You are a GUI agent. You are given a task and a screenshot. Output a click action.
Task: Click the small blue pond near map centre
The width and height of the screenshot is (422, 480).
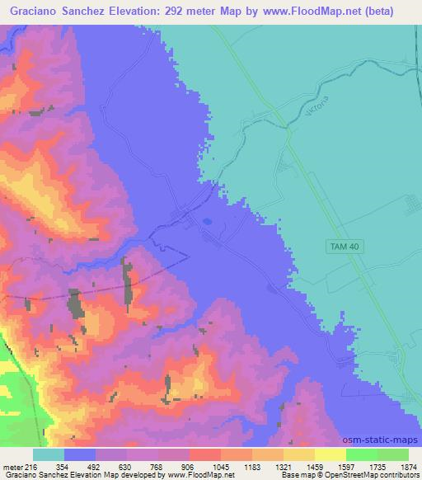click(205, 221)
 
